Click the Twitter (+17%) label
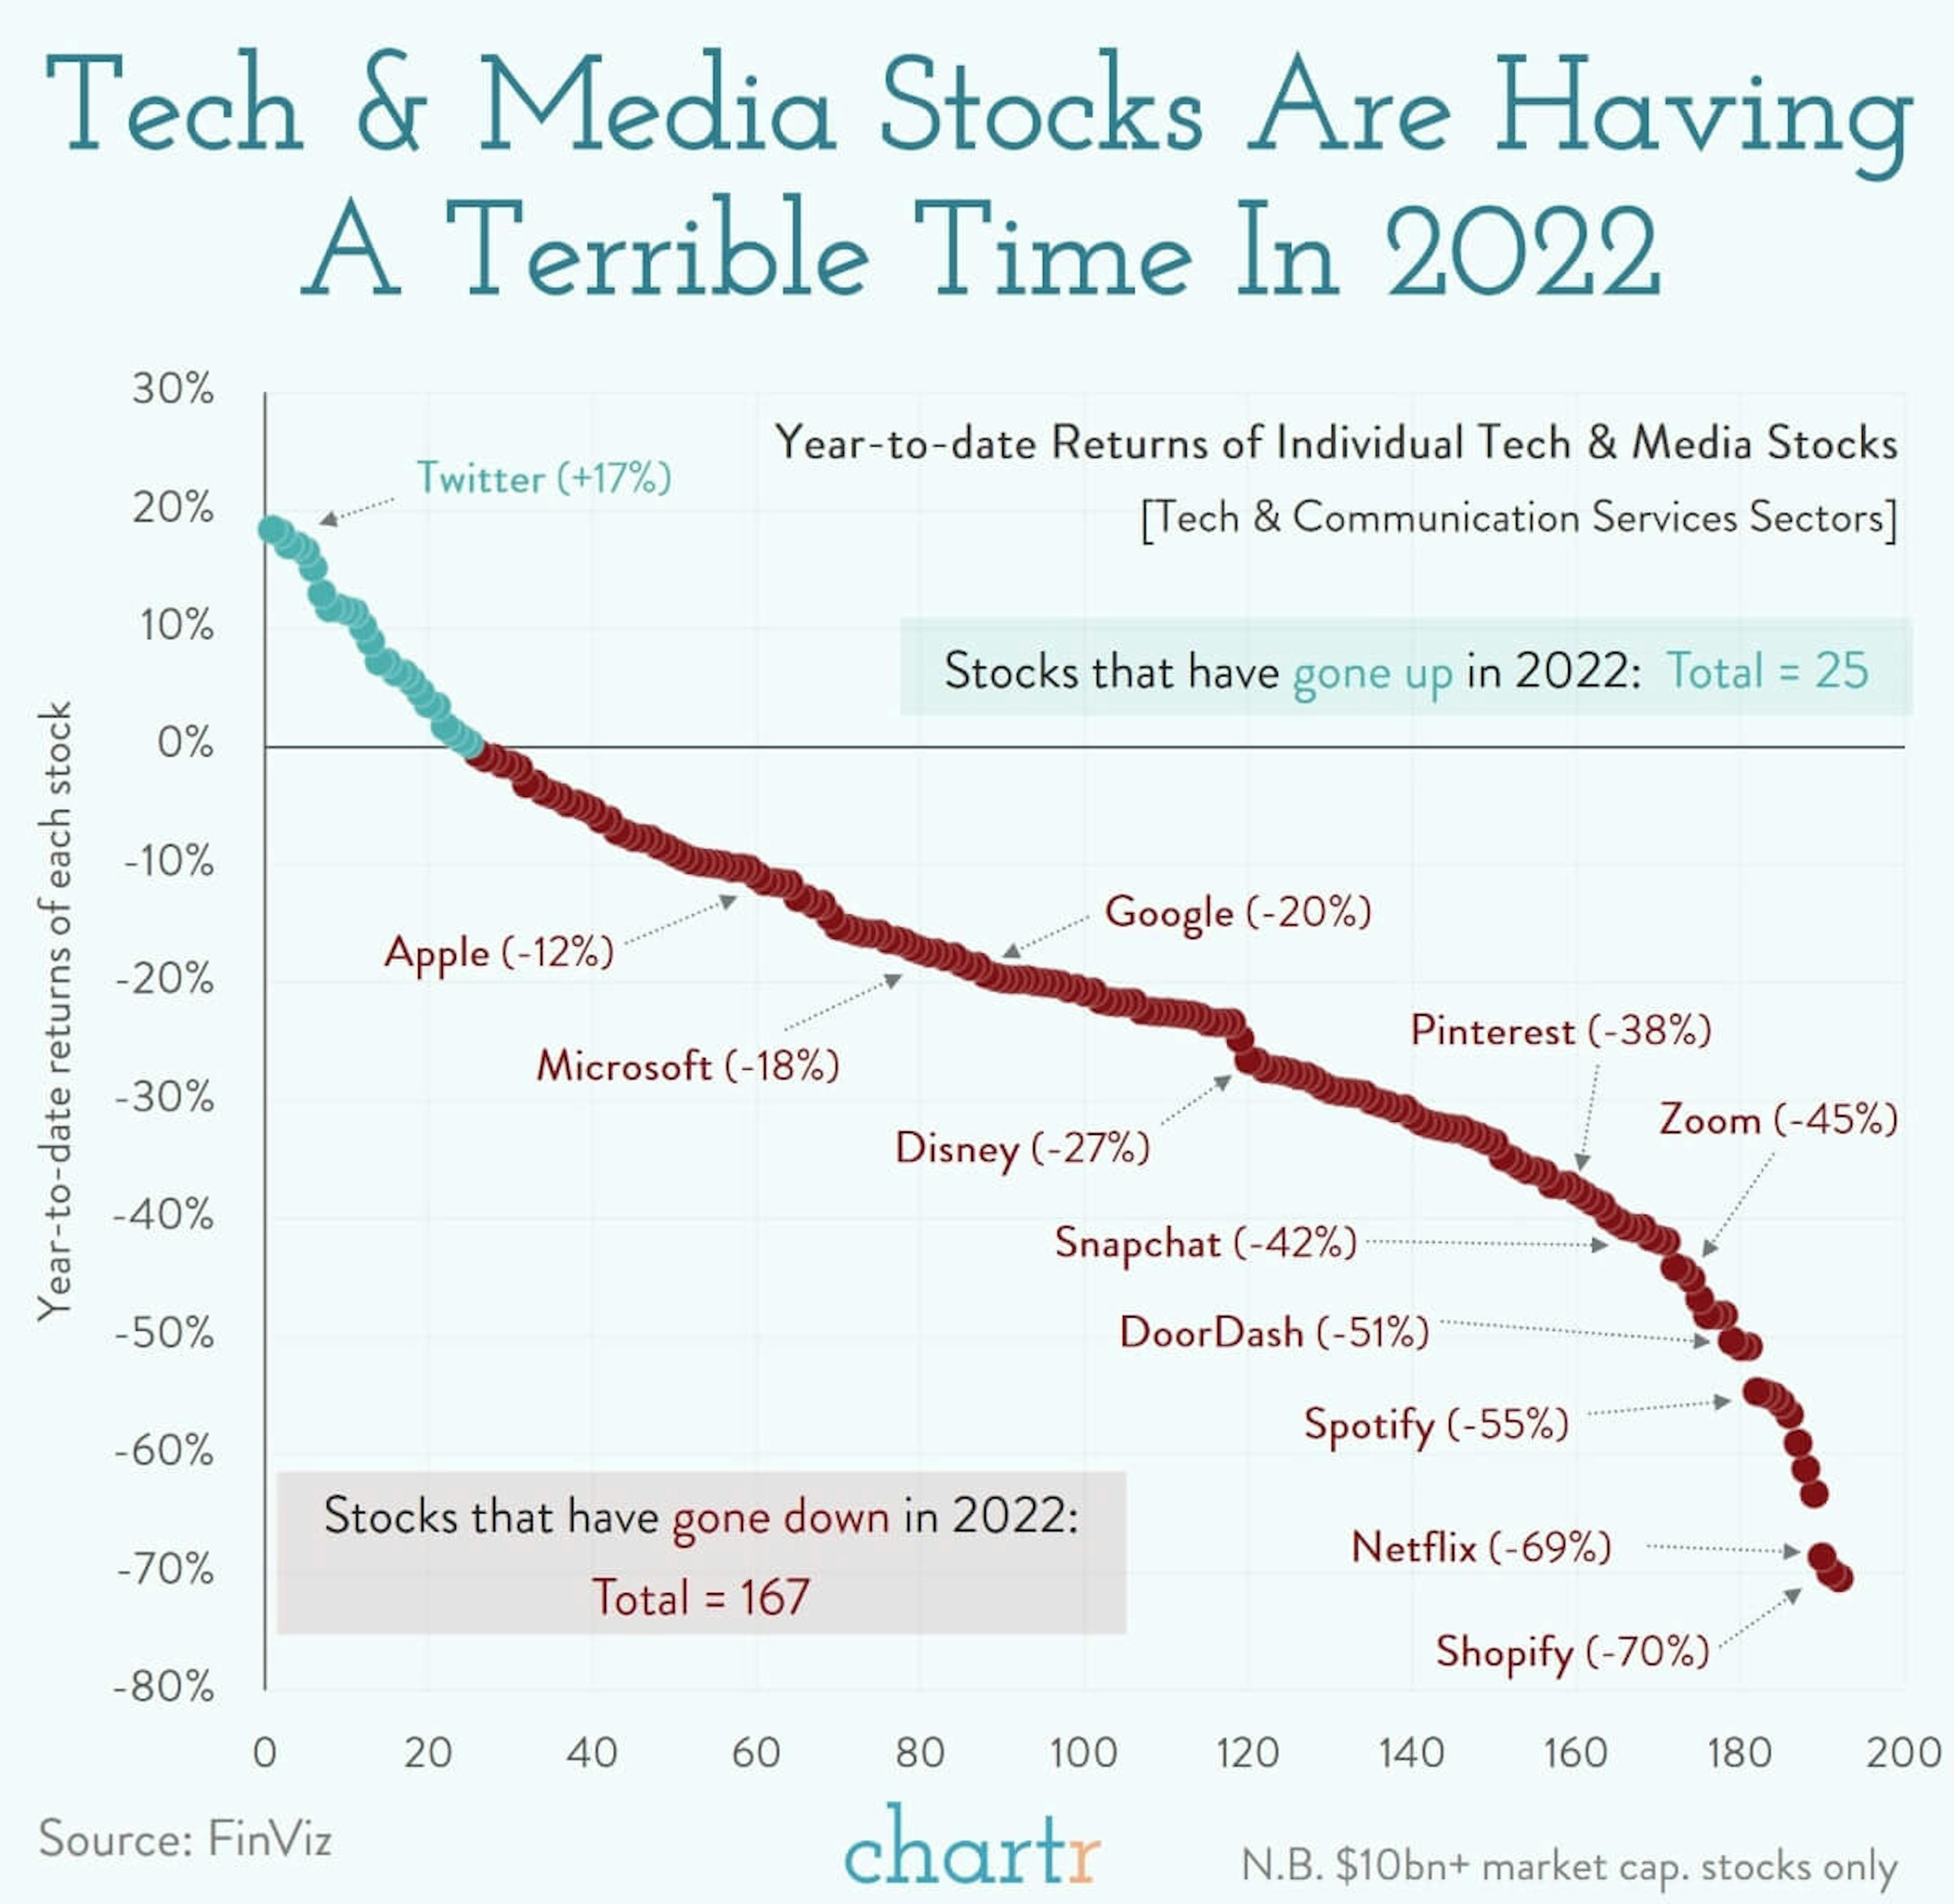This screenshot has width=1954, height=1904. tap(543, 478)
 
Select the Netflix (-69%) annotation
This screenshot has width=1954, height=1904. tap(1481, 1548)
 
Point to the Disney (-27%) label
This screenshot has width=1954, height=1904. tap(1022, 1148)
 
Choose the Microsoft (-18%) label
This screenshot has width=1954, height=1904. tap(687, 1066)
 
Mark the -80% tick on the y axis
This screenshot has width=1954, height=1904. tap(165, 1688)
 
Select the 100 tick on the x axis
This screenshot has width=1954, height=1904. tap(1083, 1753)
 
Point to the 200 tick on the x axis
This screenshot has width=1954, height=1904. tap(1903, 1753)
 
